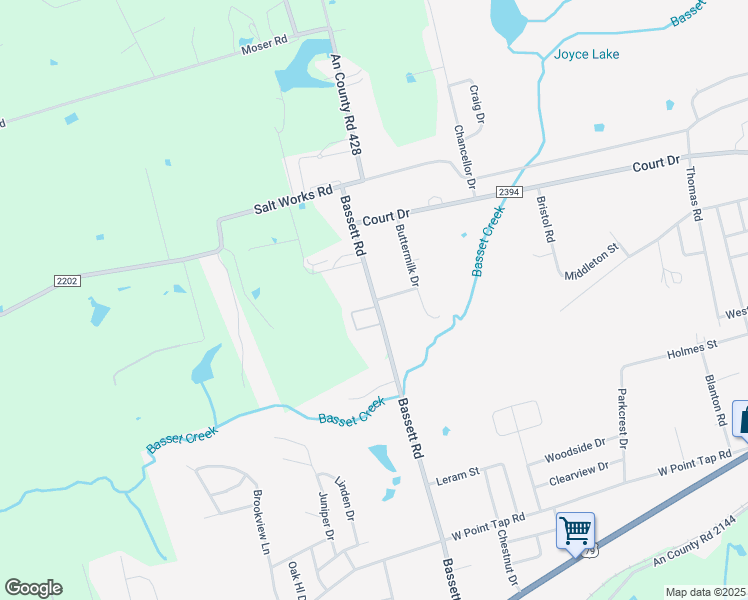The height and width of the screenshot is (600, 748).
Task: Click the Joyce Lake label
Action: coord(587,54)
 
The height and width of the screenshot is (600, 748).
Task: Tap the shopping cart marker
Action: coord(575,530)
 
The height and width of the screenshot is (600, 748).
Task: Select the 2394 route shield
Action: coord(509,193)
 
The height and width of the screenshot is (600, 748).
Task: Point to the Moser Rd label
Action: coord(264,45)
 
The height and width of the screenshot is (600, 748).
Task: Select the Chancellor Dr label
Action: coord(462,156)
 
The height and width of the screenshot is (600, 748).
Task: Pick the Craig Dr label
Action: coord(477,104)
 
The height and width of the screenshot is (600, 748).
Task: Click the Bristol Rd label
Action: coord(546,220)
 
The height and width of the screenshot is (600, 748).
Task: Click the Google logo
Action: coord(33,588)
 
